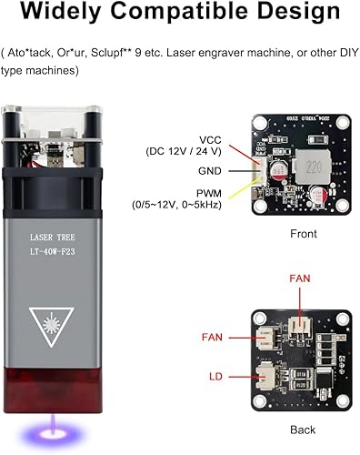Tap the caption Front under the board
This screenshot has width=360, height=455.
[x=303, y=234]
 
